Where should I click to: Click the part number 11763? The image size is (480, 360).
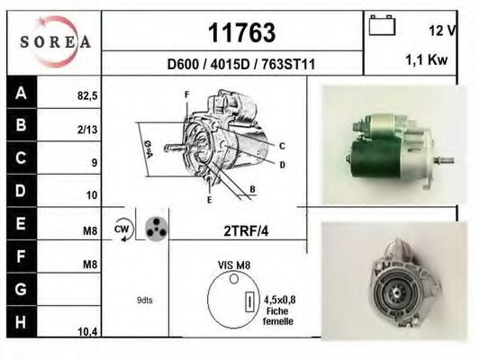[x=241, y=32]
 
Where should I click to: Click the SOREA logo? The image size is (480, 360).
[x=56, y=41]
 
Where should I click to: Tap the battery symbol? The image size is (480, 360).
[x=382, y=25]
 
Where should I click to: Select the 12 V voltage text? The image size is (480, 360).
[x=442, y=31]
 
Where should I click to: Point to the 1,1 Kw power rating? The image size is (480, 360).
[x=427, y=59]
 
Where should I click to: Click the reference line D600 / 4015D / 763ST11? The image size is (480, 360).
[x=241, y=65]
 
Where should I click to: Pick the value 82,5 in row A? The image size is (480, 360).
[x=87, y=96]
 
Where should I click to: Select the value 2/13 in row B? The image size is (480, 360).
[x=87, y=130]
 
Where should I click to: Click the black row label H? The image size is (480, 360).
[x=22, y=322]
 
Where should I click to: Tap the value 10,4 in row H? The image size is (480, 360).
[x=87, y=332]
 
